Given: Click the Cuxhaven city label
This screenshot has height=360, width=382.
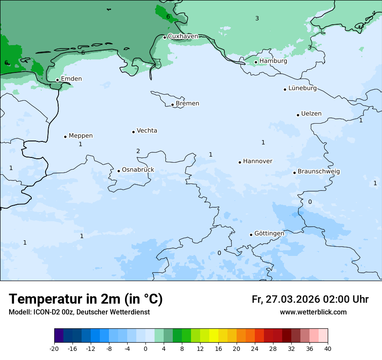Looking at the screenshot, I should (x=183, y=36).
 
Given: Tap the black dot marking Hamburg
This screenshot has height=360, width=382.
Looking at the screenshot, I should (x=256, y=62).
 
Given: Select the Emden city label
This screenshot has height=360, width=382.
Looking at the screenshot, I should (x=71, y=79).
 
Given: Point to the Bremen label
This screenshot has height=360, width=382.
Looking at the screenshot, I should (x=187, y=103).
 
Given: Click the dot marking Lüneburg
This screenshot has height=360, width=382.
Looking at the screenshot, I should (x=285, y=89).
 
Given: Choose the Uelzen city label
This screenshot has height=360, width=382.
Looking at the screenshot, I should (x=311, y=114).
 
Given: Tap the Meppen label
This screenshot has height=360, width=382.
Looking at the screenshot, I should (x=81, y=136).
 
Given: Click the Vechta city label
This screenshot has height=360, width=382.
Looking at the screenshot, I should (x=147, y=131).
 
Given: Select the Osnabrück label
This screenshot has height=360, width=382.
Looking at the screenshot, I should (x=138, y=170).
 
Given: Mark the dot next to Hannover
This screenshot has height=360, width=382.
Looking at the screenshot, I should (x=240, y=162).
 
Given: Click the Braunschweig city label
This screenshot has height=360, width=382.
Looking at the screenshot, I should (x=319, y=171).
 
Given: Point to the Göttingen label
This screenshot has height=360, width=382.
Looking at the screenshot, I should (x=269, y=233).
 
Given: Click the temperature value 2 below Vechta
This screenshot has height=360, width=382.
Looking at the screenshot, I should (x=138, y=151).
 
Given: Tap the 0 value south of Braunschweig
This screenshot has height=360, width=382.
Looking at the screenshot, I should (x=310, y=202).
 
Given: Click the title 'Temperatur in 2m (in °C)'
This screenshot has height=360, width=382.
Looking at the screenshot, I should (x=86, y=299).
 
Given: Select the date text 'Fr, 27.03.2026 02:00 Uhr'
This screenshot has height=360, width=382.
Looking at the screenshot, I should (x=310, y=299).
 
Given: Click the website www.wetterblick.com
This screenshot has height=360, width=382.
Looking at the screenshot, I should (x=313, y=312).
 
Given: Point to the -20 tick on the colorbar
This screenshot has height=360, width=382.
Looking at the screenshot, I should (x=54, y=348).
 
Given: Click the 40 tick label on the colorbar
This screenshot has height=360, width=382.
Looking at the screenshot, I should (x=328, y=348).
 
